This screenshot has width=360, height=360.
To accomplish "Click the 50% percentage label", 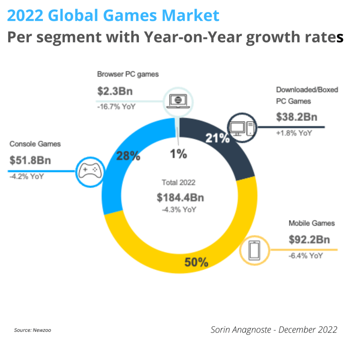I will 196,262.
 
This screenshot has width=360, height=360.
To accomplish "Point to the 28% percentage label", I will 128,156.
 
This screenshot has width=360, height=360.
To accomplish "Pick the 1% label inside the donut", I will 179,154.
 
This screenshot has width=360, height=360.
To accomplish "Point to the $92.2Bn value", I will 309,240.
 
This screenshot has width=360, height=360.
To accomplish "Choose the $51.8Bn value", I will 30,160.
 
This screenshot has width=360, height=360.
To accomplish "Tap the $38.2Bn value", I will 296,117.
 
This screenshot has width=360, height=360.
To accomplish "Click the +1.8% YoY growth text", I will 294,133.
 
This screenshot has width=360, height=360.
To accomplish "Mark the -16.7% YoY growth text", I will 116,107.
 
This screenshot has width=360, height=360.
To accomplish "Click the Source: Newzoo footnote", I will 32,330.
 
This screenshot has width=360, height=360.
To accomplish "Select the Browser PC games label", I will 128,74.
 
